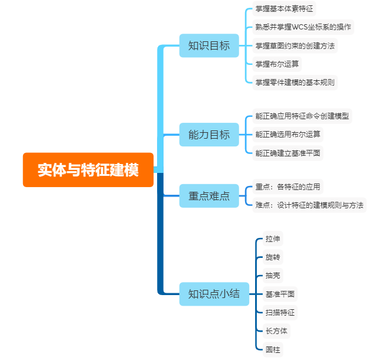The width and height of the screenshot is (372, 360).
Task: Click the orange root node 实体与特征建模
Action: [88, 170]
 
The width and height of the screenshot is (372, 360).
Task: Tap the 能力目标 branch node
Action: [208, 135]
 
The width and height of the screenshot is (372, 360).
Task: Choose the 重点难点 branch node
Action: [208, 196]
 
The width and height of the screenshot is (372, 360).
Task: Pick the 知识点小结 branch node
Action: [214, 293]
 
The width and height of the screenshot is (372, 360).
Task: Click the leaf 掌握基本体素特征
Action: [285, 9]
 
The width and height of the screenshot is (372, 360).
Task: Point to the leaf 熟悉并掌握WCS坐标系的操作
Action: [303, 27]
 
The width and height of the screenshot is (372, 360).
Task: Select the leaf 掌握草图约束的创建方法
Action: [295, 45]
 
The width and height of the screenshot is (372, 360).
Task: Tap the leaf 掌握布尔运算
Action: [277, 64]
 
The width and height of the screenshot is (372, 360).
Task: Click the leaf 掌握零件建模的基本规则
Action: [295, 82]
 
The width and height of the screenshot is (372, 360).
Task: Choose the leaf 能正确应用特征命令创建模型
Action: [302, 116]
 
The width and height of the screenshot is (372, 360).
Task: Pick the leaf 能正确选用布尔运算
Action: [288, 135]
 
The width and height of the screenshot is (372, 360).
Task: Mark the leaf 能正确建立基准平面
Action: [288, 153]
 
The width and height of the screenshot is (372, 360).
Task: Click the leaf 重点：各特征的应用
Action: [288, 187]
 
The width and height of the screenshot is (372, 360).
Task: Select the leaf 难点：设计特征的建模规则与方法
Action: [309, 205]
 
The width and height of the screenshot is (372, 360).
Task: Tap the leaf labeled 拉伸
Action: [273, 239]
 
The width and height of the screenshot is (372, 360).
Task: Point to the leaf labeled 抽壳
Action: [273, 276]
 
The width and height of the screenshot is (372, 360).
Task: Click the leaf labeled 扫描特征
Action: [280, 312]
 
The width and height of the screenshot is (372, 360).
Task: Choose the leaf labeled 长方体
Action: [276, 330]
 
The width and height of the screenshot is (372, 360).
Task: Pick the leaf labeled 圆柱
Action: [273, 349]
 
